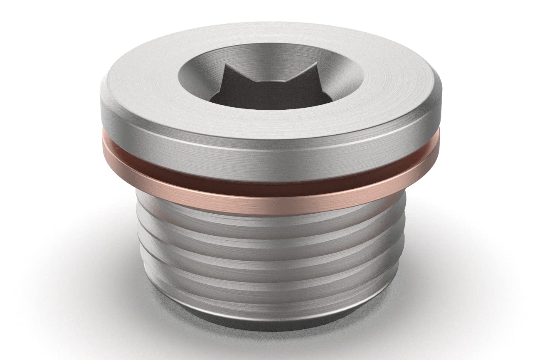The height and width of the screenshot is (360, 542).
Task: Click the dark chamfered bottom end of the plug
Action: pyautogui.click(x=270, y=322)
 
